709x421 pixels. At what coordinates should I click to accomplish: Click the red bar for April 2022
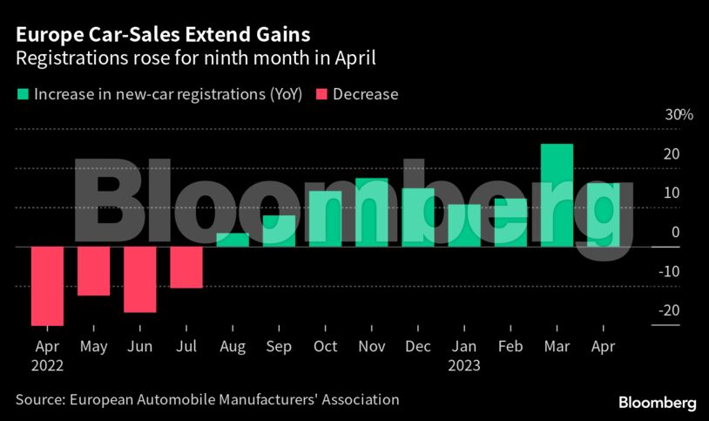pos(47,286)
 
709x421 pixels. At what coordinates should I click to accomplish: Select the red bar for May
pos(93,271)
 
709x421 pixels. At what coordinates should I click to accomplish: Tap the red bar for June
pos(139,279)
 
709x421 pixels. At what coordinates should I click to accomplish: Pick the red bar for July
pos(186,267)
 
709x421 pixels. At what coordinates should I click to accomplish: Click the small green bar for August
pos(233,240)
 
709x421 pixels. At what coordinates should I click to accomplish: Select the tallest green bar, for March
pos(557,195)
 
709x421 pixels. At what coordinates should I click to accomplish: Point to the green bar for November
pos(371,213)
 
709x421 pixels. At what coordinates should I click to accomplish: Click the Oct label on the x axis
pos(325,347)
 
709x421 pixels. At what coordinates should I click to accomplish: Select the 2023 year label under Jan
pos(464,366)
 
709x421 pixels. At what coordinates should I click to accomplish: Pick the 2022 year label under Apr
pos(47,366)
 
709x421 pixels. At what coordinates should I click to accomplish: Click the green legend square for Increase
pos(22,94)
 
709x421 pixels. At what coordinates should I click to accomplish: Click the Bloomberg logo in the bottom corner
pos(657,403)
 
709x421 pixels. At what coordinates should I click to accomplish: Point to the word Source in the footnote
pos(38,400)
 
